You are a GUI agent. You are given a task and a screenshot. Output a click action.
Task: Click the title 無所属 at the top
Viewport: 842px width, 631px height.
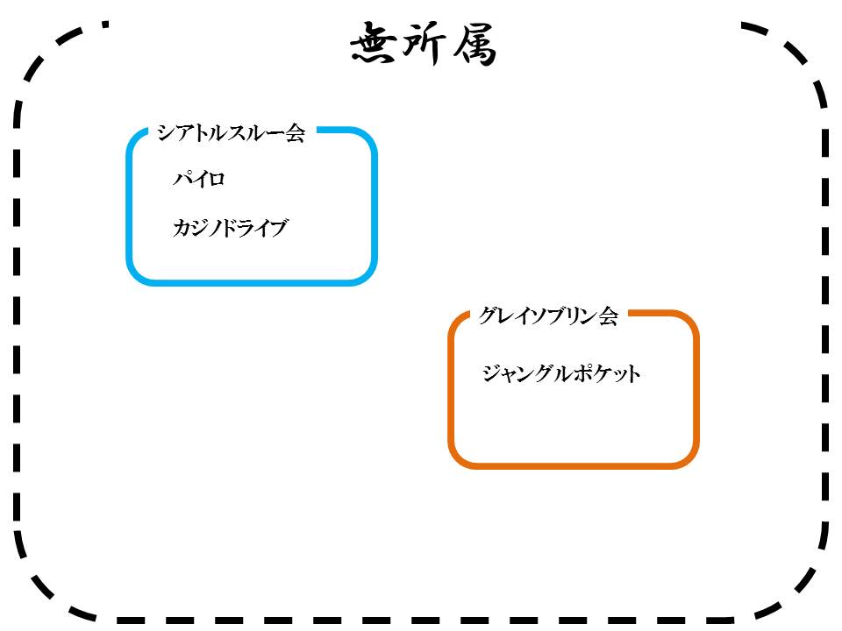point(424,45)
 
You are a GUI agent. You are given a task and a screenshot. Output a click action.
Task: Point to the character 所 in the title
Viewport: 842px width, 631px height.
point(425,45)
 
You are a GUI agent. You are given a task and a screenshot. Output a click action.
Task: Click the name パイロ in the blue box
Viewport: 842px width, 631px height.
point(199,180)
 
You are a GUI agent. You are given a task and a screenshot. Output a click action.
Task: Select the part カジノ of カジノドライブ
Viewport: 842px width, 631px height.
point(195,230)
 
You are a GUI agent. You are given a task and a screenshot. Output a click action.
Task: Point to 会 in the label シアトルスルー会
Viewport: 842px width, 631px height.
point(295,133)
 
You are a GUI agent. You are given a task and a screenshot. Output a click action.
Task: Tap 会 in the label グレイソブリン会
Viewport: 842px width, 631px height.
point(609,316)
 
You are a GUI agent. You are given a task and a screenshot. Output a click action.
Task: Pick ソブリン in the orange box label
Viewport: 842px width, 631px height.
point(561,316)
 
